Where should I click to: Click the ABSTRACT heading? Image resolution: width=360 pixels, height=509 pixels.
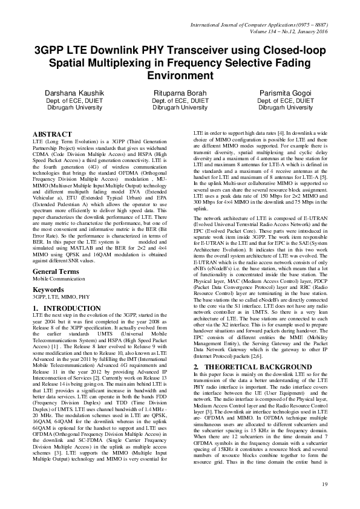[54, 132]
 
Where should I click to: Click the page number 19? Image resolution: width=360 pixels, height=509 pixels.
[324, 483]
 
